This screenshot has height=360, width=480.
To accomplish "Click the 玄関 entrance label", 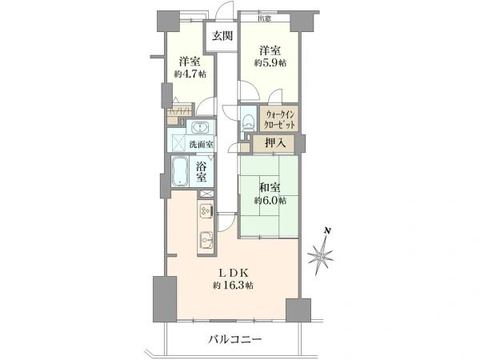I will click(x=221, y=35).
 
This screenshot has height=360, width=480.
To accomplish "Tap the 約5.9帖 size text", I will click(x=271, y=62).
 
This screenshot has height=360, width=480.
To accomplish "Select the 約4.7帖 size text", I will click(x=188, y=74).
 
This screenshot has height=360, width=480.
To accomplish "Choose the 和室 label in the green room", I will click(x=270, y=188).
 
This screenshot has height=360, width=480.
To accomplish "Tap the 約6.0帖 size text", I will click(x=270, y=202).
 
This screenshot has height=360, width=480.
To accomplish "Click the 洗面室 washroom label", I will click(x=201, y=145).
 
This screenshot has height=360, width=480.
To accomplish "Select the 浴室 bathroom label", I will click(x=205, y=170).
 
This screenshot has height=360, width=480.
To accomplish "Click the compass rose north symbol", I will click(x=322, y=256).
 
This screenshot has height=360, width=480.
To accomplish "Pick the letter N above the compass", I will click(x=326, y=232).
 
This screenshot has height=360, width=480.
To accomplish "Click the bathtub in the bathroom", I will click(x=180, y=170).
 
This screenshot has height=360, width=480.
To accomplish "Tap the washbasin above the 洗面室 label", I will click(x=200, y=128).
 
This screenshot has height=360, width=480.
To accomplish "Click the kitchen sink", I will click(x=205, y=238).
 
